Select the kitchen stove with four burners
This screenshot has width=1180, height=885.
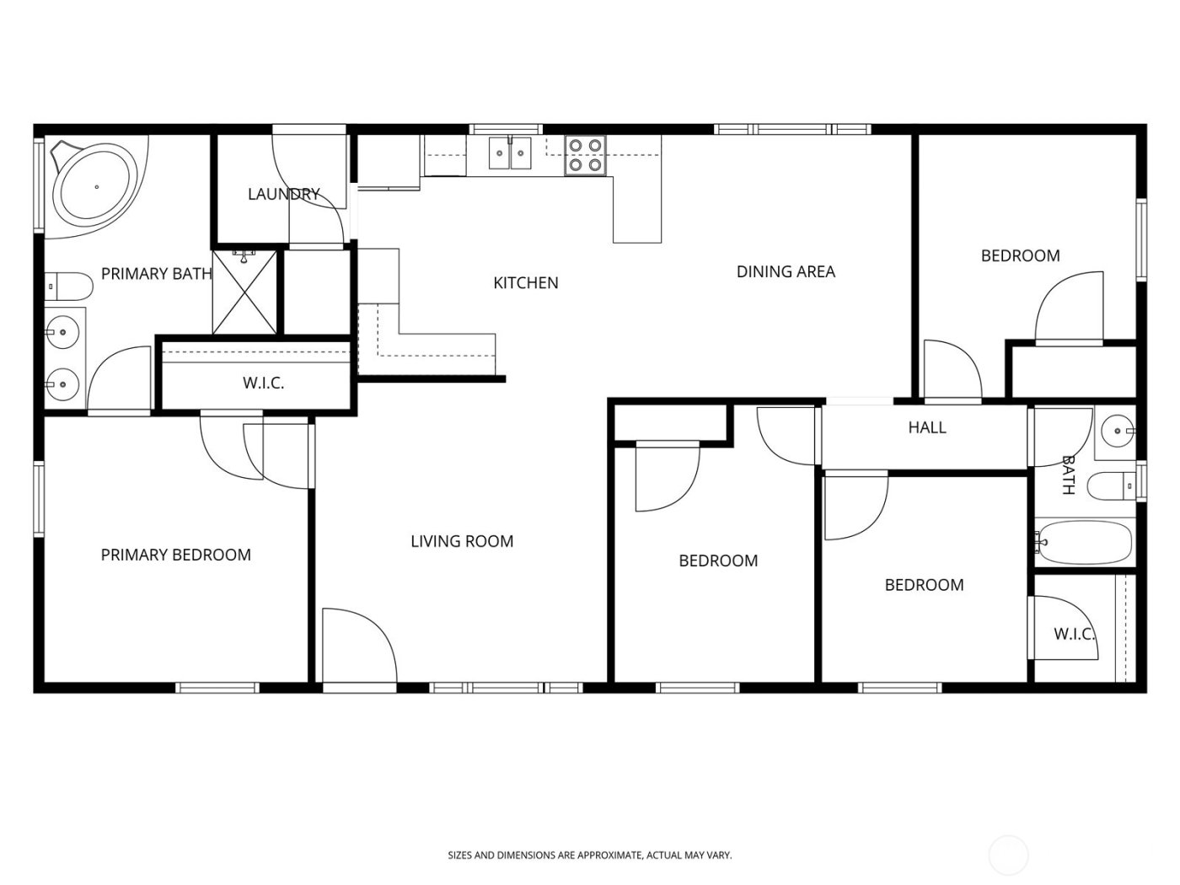tap(586, 155)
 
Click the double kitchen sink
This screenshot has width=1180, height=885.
tap(512, 153)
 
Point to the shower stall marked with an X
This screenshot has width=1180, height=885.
tap(244, 291)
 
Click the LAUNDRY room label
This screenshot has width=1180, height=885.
tap(283, 195)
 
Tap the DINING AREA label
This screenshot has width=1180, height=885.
tap(786, 271)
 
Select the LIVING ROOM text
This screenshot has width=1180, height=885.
tap(462, 541)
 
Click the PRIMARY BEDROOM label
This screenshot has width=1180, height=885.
tap(175, 555)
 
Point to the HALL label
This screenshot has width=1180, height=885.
tap(927, 427)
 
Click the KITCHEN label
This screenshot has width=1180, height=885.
tap(525, 283)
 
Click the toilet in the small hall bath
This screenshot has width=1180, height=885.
tap(1111, 485)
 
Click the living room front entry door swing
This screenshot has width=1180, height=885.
tap(358, 645)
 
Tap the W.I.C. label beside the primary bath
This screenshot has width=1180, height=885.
tap(263, 383)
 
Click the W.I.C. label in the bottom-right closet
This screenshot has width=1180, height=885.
tap(1074, 634)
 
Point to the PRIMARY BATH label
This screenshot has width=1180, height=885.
tap(156, 273)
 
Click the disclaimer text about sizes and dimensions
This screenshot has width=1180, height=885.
tap(589, 855)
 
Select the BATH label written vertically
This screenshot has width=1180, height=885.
tap(1068, 475)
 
